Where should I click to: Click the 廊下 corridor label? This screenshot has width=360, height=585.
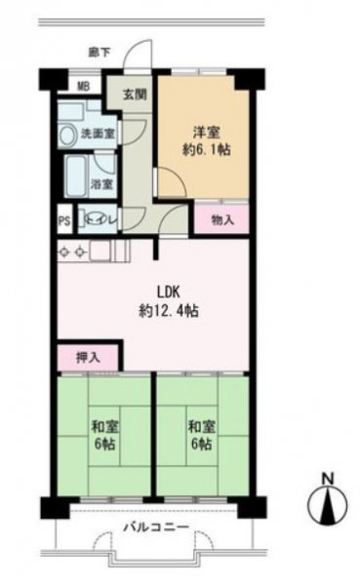[x=99, y=53]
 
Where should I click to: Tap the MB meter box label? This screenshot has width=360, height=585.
[x=83, y=87]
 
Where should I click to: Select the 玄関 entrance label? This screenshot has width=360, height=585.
[x=135, y=95]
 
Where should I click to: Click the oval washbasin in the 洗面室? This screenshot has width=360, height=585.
[x=68, y=135]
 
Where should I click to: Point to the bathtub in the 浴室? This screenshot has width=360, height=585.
[x=76, y=175]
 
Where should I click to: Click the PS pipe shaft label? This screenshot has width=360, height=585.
[x=64, y=221]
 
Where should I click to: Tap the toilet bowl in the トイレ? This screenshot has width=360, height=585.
[x=91, y=219]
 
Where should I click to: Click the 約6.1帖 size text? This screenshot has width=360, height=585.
[x=206, y=149]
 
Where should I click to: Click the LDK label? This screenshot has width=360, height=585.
[x=169, y=292]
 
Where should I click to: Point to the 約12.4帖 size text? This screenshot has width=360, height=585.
[x=169, y=310]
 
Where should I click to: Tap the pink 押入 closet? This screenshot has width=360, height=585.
[x=88, y=358]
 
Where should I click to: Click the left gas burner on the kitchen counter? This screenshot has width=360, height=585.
[x=63, y=253]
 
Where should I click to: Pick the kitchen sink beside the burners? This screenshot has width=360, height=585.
[x=100, y=252]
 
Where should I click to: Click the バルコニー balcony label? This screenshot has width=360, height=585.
[x=156, y=527]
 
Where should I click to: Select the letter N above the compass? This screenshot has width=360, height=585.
[x=328, y=479]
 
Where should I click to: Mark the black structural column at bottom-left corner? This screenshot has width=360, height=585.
[x=56, y=507]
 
